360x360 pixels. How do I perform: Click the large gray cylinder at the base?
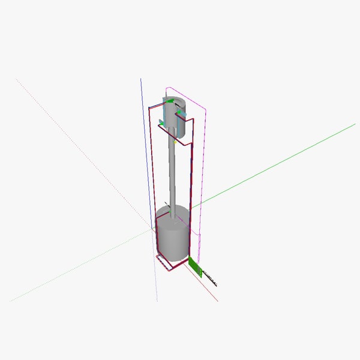click(x=173, y=237)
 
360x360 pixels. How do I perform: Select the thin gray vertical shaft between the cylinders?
click(x=173, y=174)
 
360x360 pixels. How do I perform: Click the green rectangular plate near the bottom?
click(x=194, y=266)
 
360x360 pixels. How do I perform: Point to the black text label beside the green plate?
click(x=210, y=277)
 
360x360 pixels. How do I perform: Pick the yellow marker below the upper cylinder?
click(x=175, y=142)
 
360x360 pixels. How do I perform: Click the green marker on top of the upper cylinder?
click(x=170, y=102)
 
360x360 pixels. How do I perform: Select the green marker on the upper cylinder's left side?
click(x=161, y=122)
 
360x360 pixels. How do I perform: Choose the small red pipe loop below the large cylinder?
click(x=169, y=264)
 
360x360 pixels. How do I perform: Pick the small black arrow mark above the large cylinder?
click(x=167, y=204)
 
